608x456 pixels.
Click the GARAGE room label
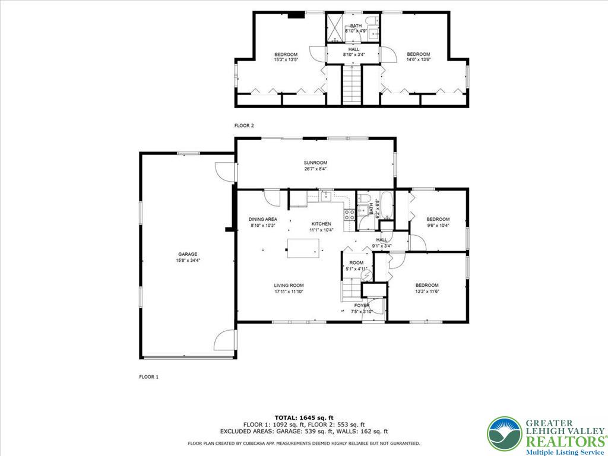pyautogui.click(x=188, y=254)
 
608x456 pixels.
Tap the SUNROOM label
pyautogui.click(x=315, y=163)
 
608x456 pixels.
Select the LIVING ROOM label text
pyautogui.click(x=289, y=286)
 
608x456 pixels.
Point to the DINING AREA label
pyautogui.click(x=263, y=220)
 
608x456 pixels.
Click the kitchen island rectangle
pyautogui.click(x=303, y=248)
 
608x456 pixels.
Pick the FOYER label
pyautogui.click(x=362, y=306)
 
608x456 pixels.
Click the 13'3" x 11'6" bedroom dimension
pyautogui.click(x=427, y=291)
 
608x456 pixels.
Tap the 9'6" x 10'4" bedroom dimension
pyautogui.click(x=438, y=225)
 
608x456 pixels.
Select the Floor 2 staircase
pyautogui.click(x=352, y=85)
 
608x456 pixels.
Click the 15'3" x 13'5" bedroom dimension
pyautogui.click(x=286, y=60)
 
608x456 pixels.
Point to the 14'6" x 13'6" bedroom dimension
pyautogui.click(x=419, y=59)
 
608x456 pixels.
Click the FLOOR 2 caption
pyautogui.click(x=244, y=126)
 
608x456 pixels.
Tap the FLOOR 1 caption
pyautogui.click(x=149, y=376)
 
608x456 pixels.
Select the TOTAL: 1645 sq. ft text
pyautogui.click(x=304, y=417)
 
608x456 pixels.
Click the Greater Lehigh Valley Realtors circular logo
pyautogui.click(x=505, y=433)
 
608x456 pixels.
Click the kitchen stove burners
pyautogui.click(x=349, y=215)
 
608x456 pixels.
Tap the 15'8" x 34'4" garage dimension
pyautogui.click(x=188, y=261)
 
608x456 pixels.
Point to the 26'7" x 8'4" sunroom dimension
pyautogui.click(x=315, y=169)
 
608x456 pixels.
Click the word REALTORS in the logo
pyautogui.click(x=565, y=442)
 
